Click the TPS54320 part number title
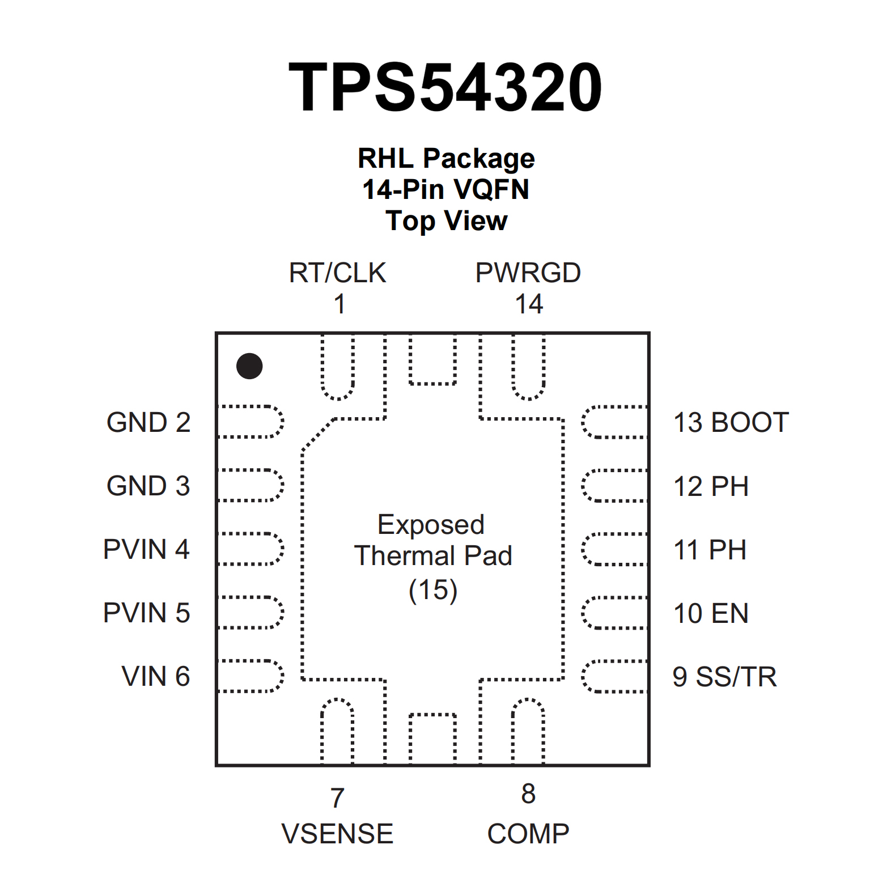coord(445,87)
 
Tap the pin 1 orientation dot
coord(249,366)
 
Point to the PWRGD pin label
coord(528,273)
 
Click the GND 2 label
coord(148,422)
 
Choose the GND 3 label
coord(148,486)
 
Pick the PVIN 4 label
coord(146,549)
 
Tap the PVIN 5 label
coord(146,613)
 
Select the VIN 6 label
coord(156,676)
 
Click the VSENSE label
coord(337,834)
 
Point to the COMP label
coord(528,834)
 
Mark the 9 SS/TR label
coord(724,677)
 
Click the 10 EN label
coord(711,613)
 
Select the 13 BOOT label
coord(731,423)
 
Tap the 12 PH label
coord(711,486)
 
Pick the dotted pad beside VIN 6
coord(251,676)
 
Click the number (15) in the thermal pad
coord(433,590)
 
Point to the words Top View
coord(446,220)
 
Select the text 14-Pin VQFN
coord(446,189)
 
